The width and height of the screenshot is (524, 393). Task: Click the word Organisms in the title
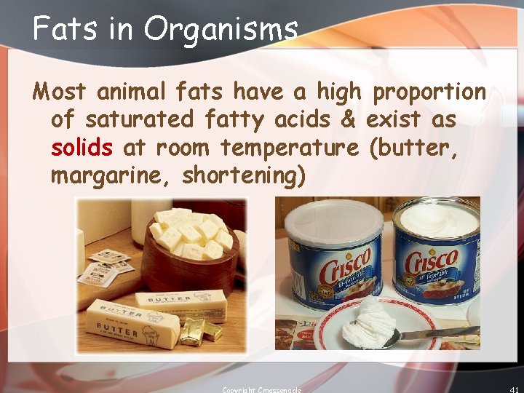(221, 31)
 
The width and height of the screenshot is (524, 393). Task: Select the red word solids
(82, 148)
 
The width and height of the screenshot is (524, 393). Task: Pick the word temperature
(289, 148)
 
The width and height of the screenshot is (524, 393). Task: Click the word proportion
(429, 92)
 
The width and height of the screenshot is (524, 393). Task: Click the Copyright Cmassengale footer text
(261, 389)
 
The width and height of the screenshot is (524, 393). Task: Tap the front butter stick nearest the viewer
(133, 327)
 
